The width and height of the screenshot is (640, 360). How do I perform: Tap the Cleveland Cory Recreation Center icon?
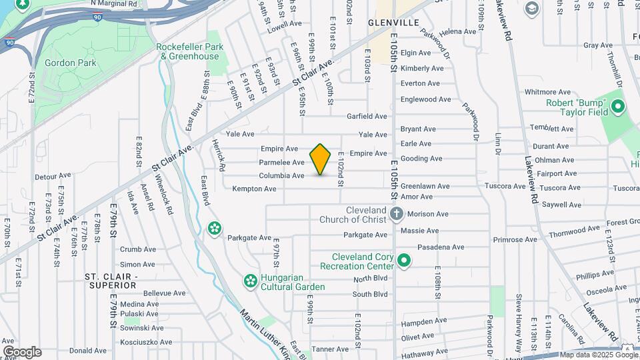(404, 259)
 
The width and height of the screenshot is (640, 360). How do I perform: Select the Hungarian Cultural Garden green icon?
(250, 282)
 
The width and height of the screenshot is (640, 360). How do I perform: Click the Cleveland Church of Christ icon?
(397, 214)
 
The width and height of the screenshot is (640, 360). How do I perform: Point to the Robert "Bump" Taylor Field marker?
(618, 107)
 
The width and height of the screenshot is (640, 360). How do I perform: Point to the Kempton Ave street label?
(254, 189)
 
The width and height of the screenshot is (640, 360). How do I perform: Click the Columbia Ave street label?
(281, 176)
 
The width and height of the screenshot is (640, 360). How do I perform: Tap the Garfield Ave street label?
(367, 116)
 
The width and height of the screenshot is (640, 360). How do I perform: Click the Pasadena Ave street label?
(441, 247)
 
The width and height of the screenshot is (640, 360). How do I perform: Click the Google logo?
(21, 352)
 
